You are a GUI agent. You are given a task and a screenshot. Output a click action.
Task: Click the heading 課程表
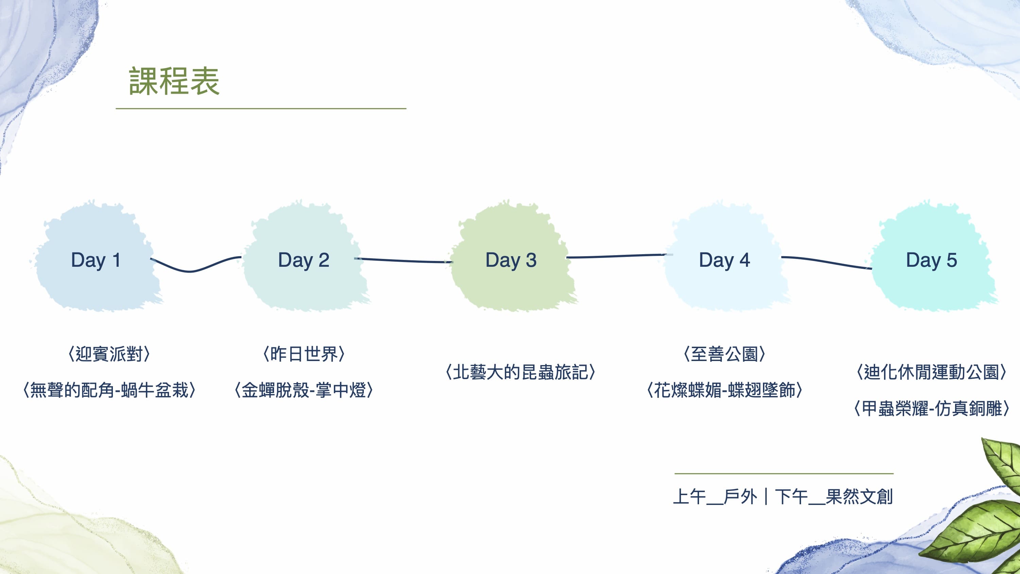coord(174,81)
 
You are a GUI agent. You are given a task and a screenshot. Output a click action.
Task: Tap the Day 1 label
coord(96,260)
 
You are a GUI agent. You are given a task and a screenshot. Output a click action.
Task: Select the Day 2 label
coord(304,260)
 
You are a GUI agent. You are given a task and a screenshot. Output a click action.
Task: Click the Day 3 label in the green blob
coord(511,260)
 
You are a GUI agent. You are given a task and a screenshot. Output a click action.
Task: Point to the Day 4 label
coord(725,260)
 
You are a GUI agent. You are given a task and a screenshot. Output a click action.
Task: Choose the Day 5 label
coord(931,260)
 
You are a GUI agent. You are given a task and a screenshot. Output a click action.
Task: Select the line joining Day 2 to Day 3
coord(403,260)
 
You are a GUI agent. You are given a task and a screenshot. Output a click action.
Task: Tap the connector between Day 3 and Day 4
coord(617,256)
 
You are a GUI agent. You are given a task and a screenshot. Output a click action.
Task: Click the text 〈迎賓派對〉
coord(109,354)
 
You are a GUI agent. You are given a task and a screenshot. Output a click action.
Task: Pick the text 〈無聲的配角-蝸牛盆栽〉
coord(109,390)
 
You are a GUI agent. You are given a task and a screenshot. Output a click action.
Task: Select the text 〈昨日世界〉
coord(304,354)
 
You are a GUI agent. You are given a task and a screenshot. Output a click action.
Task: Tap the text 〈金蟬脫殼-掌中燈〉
coord(304,390)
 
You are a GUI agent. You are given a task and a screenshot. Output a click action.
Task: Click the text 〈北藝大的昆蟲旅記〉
coord(520,372)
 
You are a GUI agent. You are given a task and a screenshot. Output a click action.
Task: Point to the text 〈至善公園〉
coord(724,354)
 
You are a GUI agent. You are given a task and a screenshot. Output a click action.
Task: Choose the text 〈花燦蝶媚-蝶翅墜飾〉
coord(724,390)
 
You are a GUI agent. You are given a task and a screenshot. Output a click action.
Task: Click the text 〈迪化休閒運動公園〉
coord(931,372)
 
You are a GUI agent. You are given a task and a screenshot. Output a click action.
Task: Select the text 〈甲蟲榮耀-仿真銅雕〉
coord(931,408)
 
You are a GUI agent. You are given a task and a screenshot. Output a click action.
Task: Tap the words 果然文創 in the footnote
coord(859,497)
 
